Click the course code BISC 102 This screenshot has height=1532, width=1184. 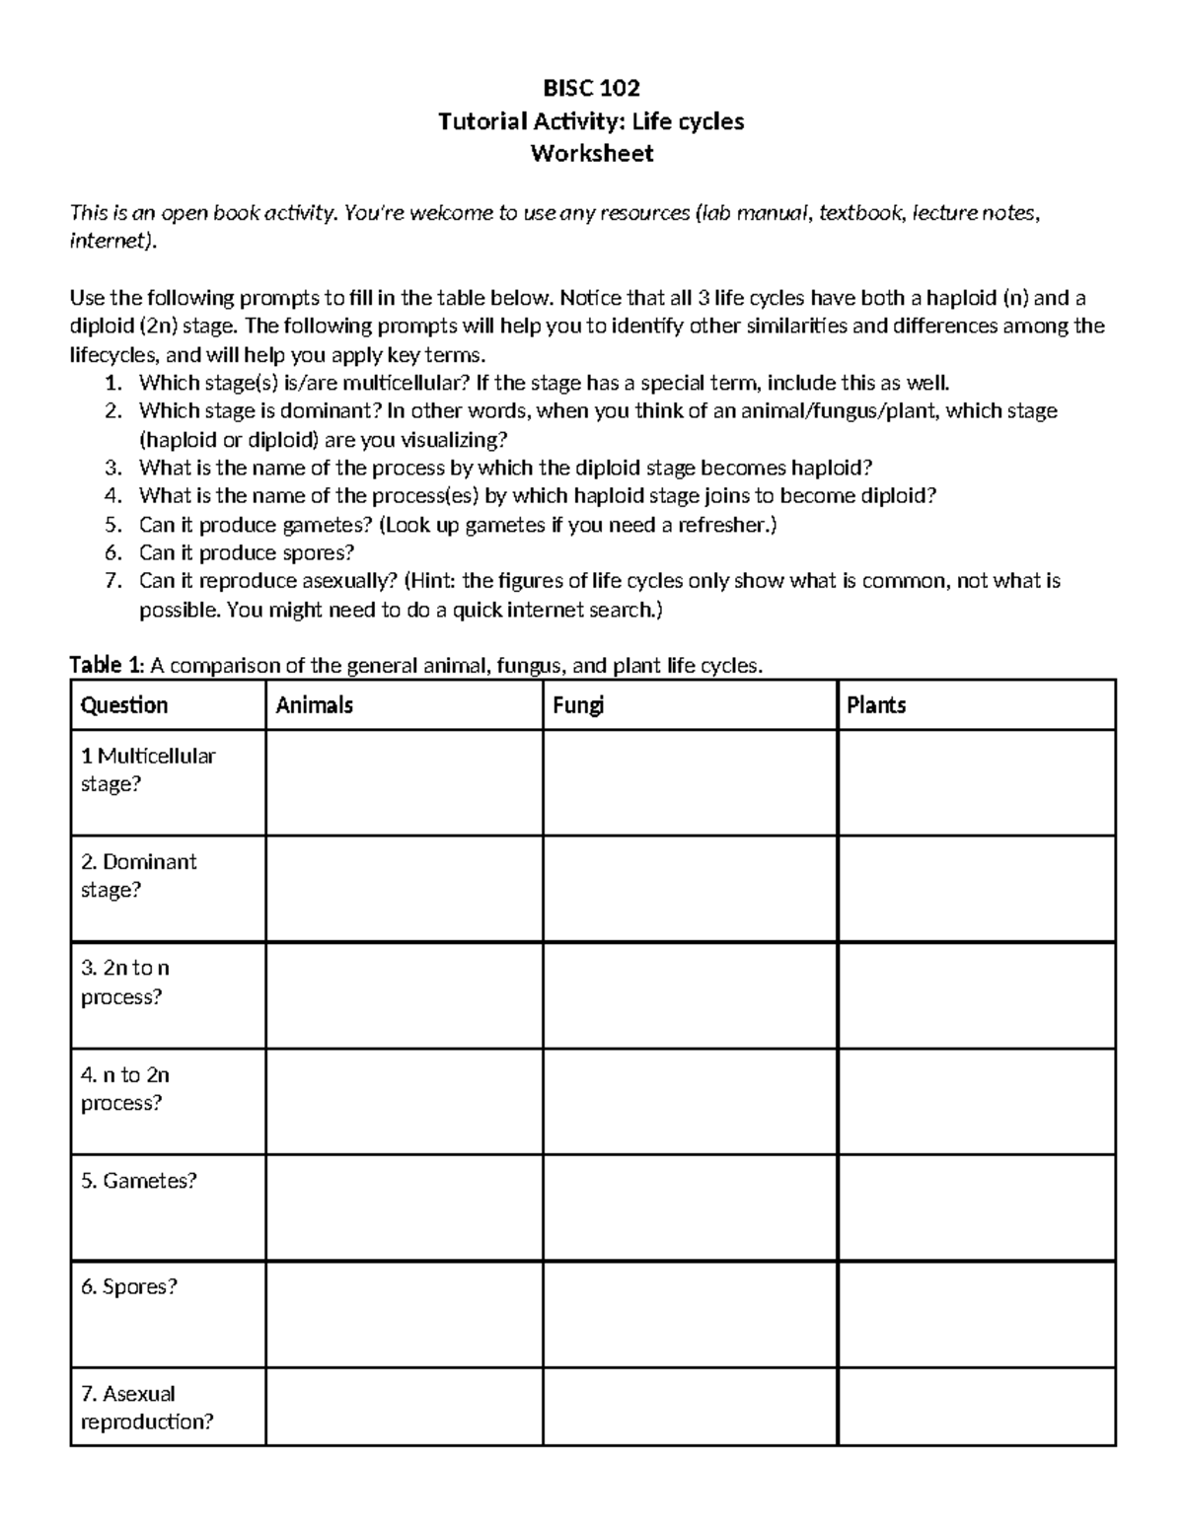coord(591,89)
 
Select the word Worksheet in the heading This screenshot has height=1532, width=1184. coord(591,154)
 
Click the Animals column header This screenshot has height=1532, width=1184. coord(314,704)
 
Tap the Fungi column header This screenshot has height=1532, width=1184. coord(578,704)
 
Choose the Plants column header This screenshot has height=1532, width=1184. coord(876,704)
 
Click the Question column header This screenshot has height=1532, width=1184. coord(124,704)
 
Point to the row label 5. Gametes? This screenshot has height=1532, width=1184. coord(139,1181)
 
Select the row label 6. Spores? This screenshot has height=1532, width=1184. coord(129,1286)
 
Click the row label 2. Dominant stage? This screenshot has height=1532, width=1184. coord(139,875)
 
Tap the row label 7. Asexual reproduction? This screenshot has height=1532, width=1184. coord(147,1407)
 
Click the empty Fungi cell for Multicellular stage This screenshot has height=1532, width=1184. coord(690,782)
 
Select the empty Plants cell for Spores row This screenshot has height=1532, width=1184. coord(976,1314)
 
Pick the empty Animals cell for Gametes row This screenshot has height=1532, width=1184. coord(404,1207)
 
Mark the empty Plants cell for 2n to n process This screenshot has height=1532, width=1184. coord(976,994)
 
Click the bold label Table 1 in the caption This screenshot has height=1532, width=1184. coord(107,666)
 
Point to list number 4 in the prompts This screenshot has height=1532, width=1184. coord(112,496)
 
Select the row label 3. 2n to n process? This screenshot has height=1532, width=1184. coord(125,982)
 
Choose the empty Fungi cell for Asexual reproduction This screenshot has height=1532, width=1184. coord(690,1407)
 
